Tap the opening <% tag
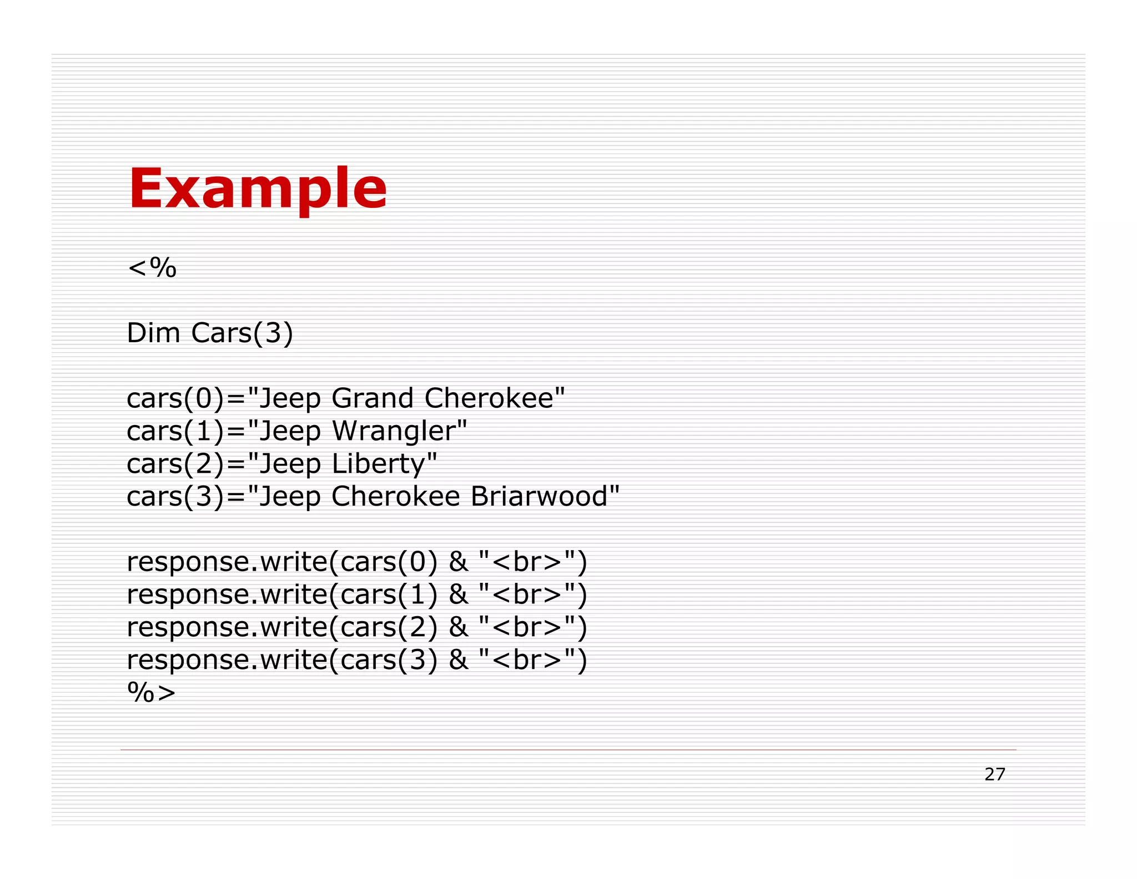(x=152, y=268)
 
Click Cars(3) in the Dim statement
(x=242, y=333)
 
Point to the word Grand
(x=373, y=398)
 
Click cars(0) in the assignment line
(x=175, y=398)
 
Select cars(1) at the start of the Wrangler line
(x=175, y=431)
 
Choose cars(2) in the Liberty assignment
(x=175, y=464)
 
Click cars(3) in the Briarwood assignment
(x=175, y=496)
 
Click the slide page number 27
(x=994, y=774)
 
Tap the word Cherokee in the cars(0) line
(x=489, y=398)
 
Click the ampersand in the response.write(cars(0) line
(x=458, y=562)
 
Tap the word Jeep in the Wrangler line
(x=290, y=431)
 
